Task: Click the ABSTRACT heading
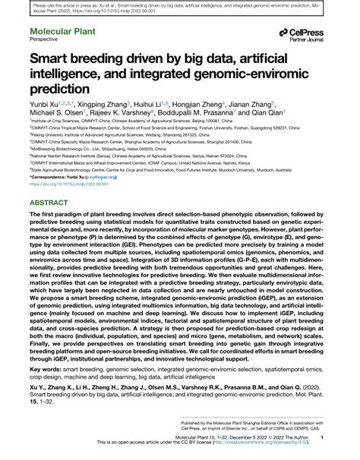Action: [50, 203]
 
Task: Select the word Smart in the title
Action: [51, 78]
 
